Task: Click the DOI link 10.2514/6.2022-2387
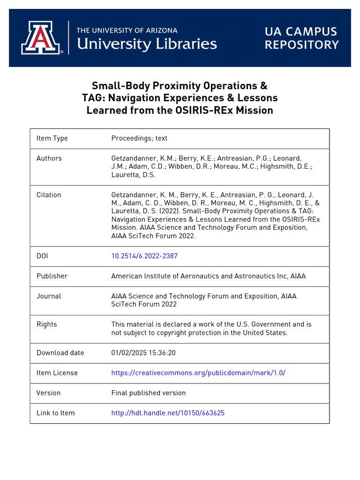144,256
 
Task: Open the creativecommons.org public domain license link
198,373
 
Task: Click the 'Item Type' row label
52,138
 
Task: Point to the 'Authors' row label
49,158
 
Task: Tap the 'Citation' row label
49,195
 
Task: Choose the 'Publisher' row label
52,276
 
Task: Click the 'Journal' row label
49,296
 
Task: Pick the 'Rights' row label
46,324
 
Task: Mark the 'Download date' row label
60,352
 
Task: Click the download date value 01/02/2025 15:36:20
143,352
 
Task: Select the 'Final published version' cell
148,393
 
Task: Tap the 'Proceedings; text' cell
139,138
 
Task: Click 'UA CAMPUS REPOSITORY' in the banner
301,38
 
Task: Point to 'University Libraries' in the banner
146,44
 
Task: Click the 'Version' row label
48,393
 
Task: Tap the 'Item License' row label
57,373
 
